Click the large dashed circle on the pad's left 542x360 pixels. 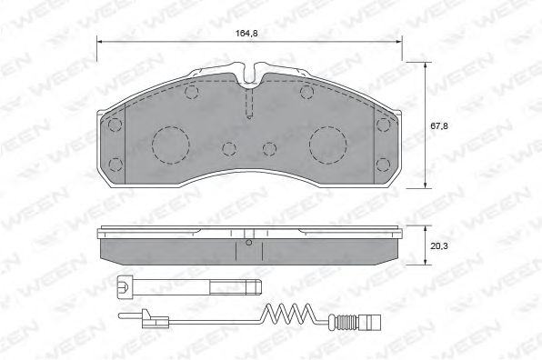tap(167, 143)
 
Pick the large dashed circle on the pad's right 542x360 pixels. tap(326, 143)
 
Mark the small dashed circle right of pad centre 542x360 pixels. tap(267, 148)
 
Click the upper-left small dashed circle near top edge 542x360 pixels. tap(190, 93)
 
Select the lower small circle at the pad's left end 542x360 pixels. tap(115, 164)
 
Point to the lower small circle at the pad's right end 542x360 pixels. tap(379, 164)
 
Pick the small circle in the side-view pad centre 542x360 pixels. tap(247, 243)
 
